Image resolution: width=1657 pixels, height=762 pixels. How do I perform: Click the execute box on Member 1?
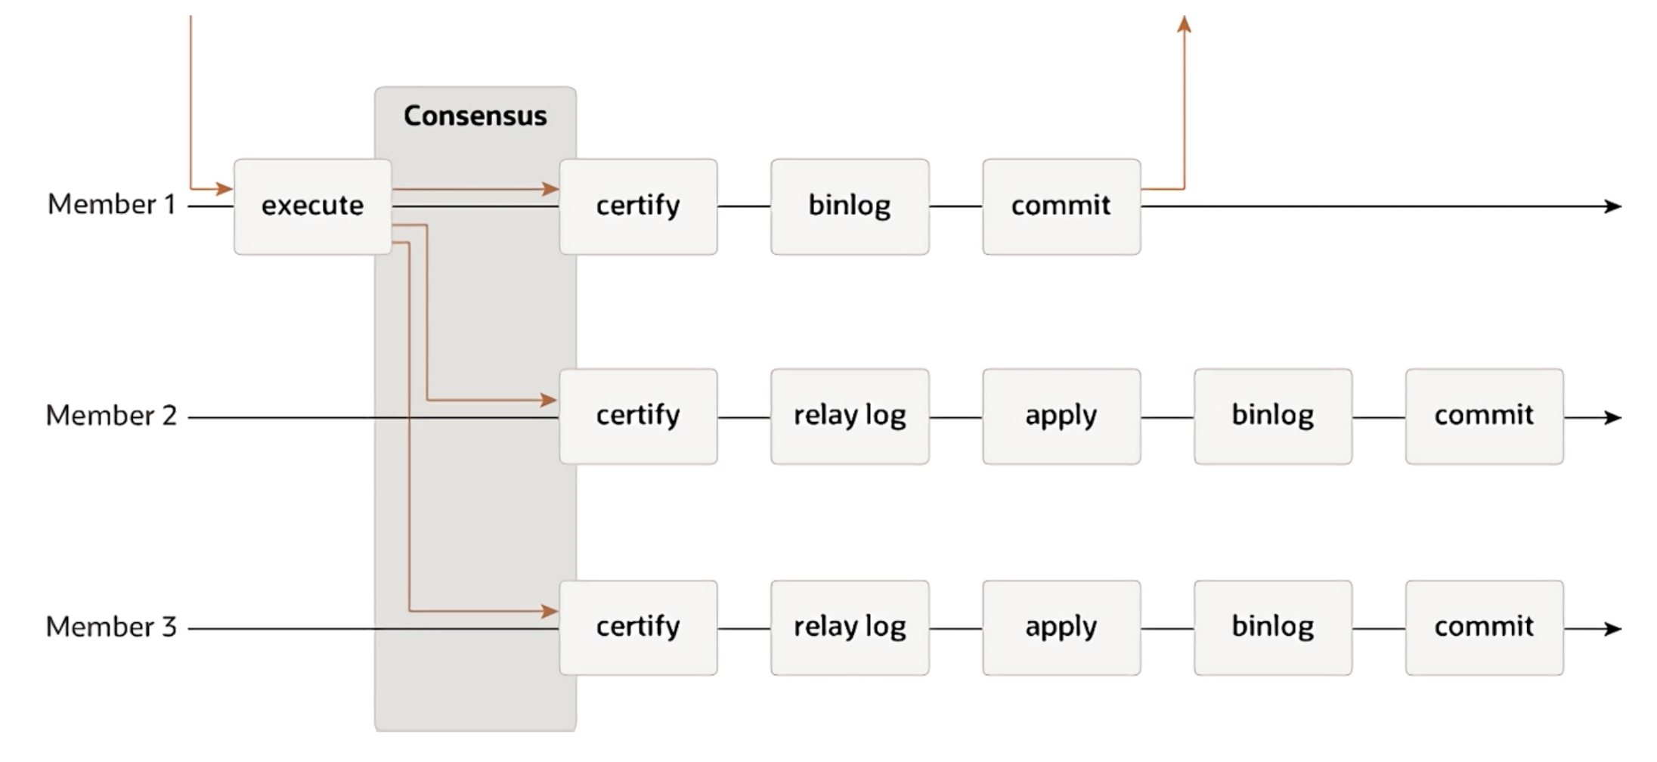313,206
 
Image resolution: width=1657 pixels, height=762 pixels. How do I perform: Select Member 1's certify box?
638,206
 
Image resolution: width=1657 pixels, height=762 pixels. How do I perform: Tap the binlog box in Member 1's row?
850,206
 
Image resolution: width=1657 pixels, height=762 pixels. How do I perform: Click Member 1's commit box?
1061,206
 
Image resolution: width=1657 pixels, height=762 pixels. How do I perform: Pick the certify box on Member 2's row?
638,417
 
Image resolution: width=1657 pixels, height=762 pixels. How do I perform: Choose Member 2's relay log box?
850,417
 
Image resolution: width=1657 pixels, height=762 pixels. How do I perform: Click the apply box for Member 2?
1061,417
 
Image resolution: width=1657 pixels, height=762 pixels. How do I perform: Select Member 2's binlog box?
1273,417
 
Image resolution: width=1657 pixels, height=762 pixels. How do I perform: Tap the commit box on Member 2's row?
1485,417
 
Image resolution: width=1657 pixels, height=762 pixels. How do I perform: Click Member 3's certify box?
638,627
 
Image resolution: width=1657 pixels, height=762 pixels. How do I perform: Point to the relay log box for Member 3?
850,627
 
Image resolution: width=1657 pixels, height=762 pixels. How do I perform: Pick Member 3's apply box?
1061,627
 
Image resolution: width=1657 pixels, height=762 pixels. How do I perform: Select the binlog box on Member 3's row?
1273,627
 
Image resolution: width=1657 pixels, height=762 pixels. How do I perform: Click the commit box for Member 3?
1485,627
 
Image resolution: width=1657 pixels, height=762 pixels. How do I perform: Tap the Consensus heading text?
475,116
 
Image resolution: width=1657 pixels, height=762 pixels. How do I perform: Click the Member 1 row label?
111,204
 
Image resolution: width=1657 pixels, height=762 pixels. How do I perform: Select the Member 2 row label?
111,415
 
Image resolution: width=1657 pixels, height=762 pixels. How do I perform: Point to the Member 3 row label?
111,626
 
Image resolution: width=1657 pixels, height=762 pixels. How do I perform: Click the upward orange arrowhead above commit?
1185,24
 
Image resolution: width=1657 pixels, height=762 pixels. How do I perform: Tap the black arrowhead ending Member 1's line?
1613,206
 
